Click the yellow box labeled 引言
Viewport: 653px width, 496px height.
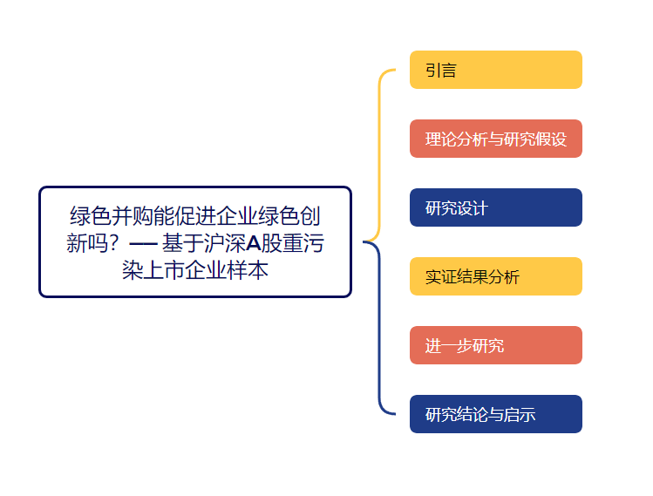point(495,70)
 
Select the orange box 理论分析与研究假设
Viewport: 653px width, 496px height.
point(495,139)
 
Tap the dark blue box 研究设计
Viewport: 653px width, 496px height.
point(495,207)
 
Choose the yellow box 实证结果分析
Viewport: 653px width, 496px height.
point(495,276)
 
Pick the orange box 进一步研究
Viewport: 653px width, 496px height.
point(495,345)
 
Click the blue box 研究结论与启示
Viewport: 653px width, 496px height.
point(495,414)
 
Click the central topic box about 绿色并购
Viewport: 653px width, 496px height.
point(194,241)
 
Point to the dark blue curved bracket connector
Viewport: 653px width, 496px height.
point(380,331)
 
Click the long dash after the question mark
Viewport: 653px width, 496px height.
point(143,242)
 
